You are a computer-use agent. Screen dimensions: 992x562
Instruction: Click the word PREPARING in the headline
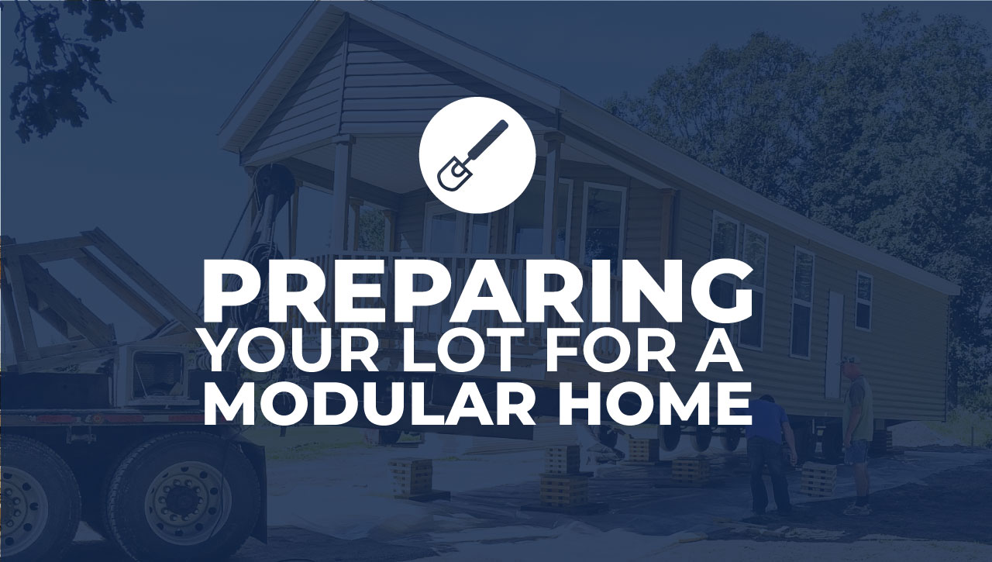478,293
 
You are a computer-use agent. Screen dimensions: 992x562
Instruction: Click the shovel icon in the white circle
472,156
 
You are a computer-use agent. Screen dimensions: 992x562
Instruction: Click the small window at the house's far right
863,301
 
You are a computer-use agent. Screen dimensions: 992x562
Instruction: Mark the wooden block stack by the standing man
818,479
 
